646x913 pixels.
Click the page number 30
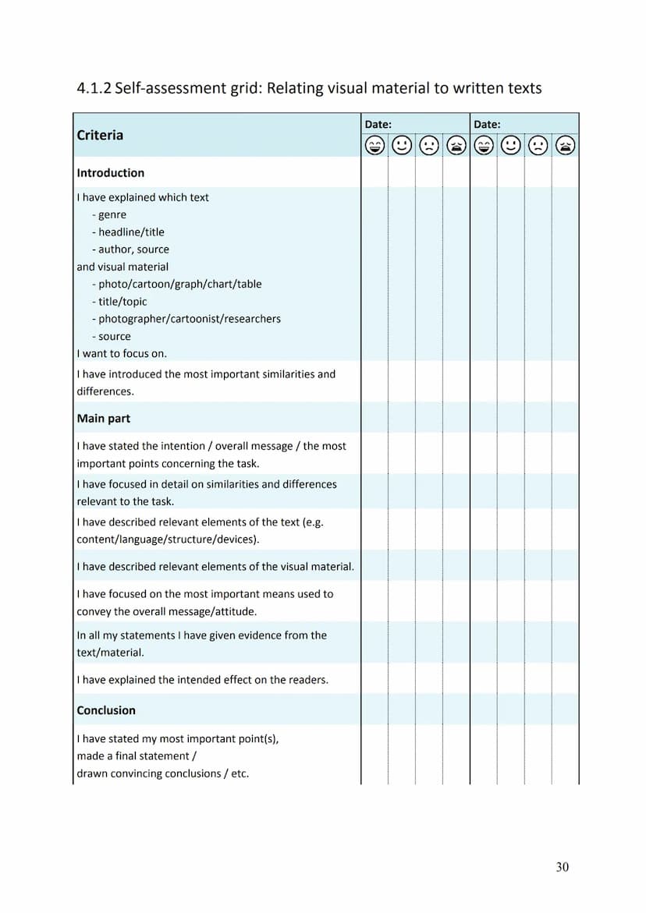[x=563, y=867]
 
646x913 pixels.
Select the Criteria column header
[x=100, y=135]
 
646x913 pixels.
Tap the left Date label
[x=378, y=124]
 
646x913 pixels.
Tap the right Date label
[x=487, y=124]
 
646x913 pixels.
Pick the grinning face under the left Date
[x=375, y=145]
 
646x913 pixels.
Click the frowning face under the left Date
[x=429, y=145]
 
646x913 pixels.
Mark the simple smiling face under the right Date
[x=511, y=145]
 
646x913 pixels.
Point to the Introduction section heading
[x=111, y=173]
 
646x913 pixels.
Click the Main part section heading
[x=104, y=419]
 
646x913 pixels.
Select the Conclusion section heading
[x=106, y=710]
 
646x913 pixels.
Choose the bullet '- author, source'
[x=130, y=249]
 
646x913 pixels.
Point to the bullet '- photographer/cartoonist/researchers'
[x=186, y=319]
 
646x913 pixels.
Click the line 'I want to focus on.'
[x=122, y=353]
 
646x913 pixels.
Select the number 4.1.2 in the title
[x=94, y=88]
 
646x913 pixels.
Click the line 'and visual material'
[x=122, y=267]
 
